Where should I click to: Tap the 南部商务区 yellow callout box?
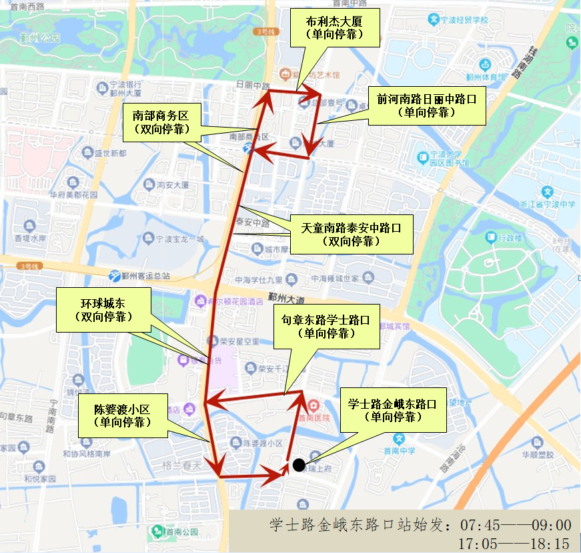[161, 122]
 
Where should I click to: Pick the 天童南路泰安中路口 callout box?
[351, 234]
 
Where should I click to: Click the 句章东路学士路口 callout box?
[327, 326]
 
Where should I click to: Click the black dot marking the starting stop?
[298, 464]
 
